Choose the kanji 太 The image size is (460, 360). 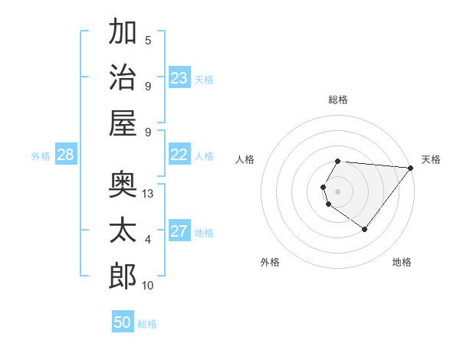pos(123,230)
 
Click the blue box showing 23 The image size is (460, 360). pos(179,77)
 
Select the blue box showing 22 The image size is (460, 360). pos(179,155)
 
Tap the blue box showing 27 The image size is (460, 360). pos(179,231)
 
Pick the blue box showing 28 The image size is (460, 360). pos(66,155)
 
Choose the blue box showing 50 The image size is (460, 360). pos(123,322)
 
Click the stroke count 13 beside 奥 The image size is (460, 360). pos(149,195)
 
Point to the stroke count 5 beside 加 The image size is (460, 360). pos(148,41)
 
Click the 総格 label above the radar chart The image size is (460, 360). pos(338,100)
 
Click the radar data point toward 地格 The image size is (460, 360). pos(365,229)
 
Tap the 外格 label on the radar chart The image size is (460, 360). pos(270,262)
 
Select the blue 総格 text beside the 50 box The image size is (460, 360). pos(148,324)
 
